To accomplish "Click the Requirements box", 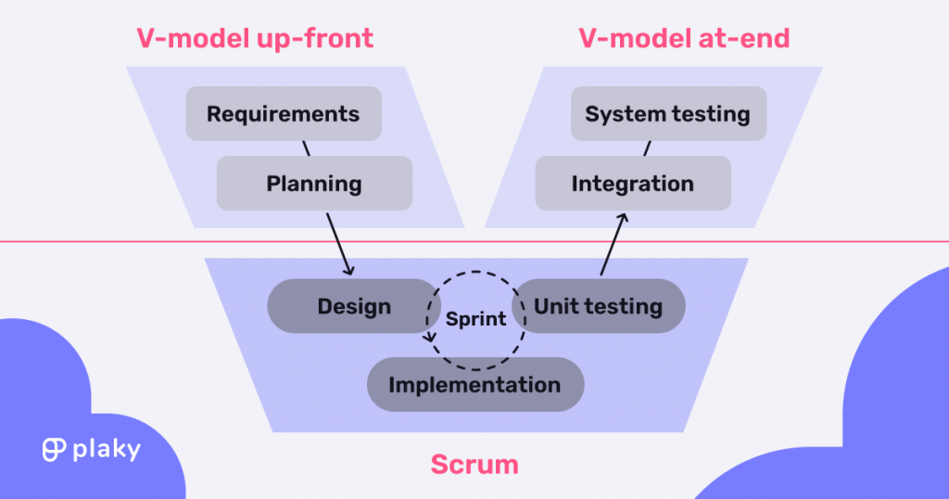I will point(283,114).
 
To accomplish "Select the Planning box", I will point(314,183).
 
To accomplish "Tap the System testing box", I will point(667,114).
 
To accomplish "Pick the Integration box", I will point(633,183).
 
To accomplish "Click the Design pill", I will point(354,306).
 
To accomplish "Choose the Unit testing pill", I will point(599,306).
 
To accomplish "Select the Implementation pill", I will point(474,384).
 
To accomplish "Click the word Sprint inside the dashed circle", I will point(475,319).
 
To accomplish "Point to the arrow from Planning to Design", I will point(339,243).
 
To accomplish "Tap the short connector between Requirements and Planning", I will point(305,148).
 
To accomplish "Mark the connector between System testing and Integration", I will point(647,148).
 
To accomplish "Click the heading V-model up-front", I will point(255,38).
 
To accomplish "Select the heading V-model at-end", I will point(684,38).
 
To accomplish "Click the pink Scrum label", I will point(474,465).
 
